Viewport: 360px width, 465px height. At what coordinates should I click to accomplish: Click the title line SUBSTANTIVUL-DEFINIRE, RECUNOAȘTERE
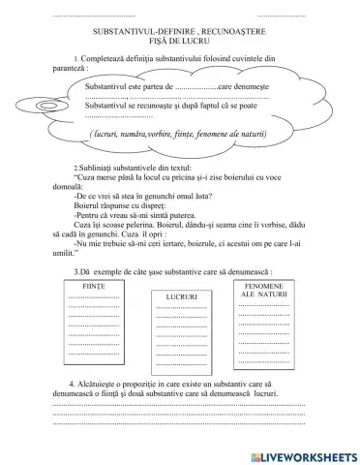click(x=179, y=32)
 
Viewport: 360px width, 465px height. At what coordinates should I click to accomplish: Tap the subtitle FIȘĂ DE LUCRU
click(x=179, y=42)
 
